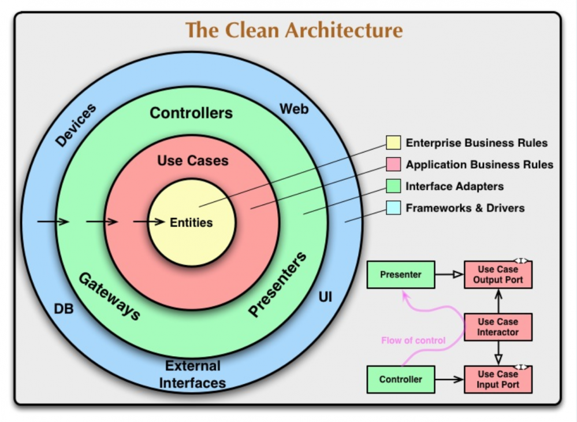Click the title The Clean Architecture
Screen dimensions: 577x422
293,30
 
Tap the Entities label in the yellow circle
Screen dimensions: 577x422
191,223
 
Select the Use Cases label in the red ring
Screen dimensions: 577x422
193,161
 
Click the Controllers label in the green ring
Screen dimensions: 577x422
191,113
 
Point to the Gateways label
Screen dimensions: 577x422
110,297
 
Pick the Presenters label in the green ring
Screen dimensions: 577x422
277,283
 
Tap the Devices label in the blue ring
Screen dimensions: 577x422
76,125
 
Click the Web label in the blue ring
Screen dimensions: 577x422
294,109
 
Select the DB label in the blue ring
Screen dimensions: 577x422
64,309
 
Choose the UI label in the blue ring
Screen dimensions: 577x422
325,297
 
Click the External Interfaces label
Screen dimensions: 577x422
192,374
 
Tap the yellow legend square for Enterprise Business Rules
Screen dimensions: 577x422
393,143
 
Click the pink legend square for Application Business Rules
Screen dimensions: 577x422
393,164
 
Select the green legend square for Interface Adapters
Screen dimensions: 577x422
393,186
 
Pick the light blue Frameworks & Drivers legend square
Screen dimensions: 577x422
393,208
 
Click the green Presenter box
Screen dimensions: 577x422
401,275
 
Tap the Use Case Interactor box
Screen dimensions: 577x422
498,327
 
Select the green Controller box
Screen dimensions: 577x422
401,379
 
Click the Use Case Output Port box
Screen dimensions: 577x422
498,275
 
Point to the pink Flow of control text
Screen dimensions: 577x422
413,340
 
